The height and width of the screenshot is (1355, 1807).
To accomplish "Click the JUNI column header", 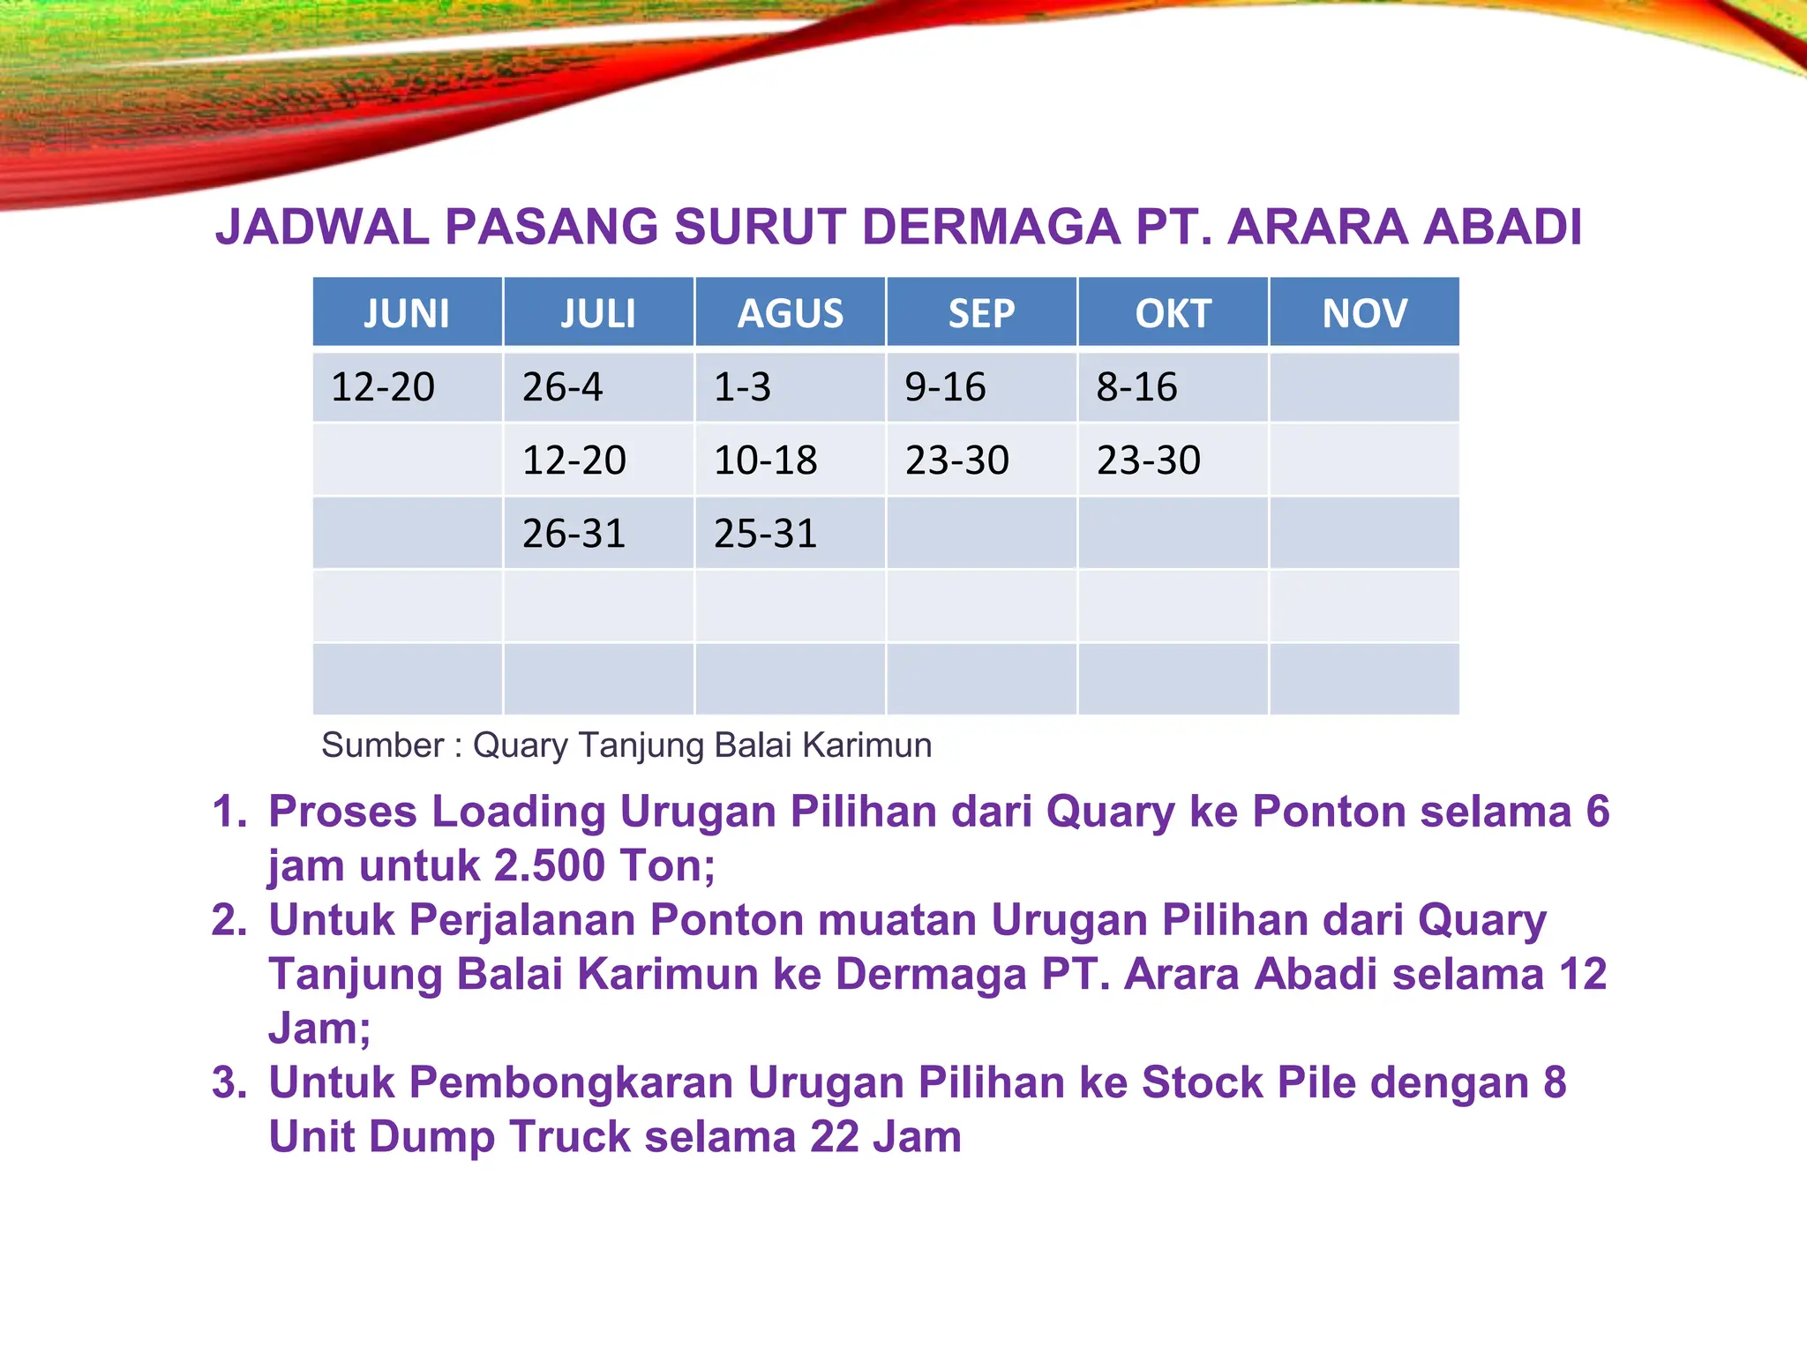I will tap(407, 313).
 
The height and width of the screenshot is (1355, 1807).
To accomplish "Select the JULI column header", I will tap(598, 313).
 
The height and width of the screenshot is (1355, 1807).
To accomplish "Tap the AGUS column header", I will tap(790, 313).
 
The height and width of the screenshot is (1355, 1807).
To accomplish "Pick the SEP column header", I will tap(981, 313).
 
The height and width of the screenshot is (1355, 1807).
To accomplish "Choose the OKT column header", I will tap(1173, 313).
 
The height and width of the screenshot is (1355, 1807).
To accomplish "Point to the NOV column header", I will tap(1364, 313).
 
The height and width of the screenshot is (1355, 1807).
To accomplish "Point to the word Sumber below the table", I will tap(381, 745).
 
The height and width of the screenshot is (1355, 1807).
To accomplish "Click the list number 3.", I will tap(229, 1082).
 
